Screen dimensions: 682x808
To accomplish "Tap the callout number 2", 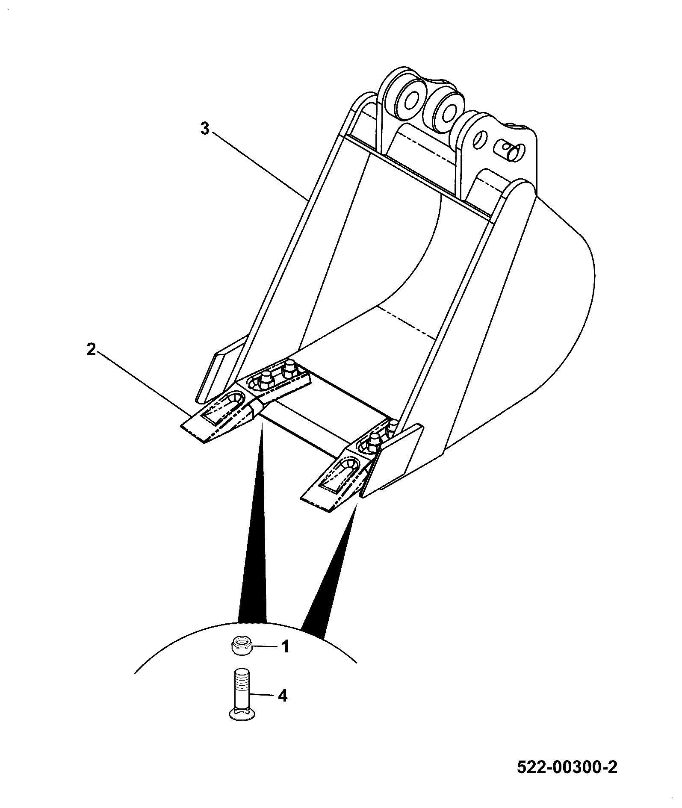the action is tap(91, 350).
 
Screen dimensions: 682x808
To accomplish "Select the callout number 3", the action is tap(205, 128).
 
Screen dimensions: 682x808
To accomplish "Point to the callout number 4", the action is tap(282, 696).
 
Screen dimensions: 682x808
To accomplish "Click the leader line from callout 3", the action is tap(259, 166).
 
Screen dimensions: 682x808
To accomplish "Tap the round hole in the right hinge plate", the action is tap(481, 140).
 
